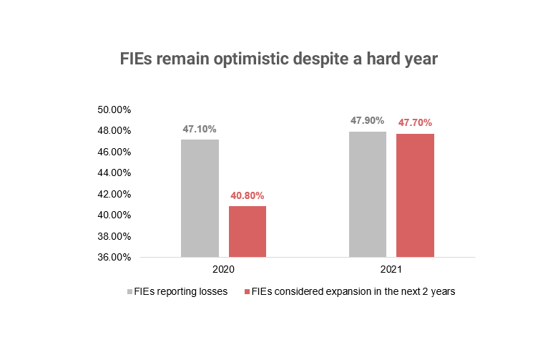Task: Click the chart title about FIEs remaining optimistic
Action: pyautogui.click(x=278, y=59)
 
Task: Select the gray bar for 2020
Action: pyautogui.click(x=200, y=198)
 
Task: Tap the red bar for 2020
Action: pyautogui.click(x=248, y=231)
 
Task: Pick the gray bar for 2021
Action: pyautogui.click(x=368, y=194)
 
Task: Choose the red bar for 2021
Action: pyautogui.click(x=415, y=195)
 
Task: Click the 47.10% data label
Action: pyautogui.click(x=200, y=129)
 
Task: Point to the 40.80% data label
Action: pyautogui.click(x=248, y=195)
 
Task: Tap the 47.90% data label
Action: pyautogui.click(x=368, y=120)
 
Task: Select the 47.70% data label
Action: pyautogui.click(x=415, y=122)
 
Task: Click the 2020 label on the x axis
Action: pyautogui.click(x=223, y=271)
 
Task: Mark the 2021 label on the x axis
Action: pyautogui.click(x=391, y=271)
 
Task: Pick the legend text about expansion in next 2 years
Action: pyautogui.click(x=353, y=292)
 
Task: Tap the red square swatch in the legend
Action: pyautogui.click(x=248, y=292)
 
